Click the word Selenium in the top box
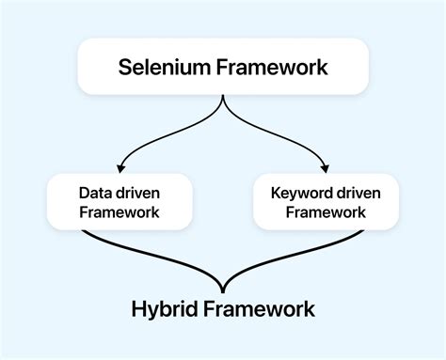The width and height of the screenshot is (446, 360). click(x=164, y=67)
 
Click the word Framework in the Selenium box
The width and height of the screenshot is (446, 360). click(x=272, y=67)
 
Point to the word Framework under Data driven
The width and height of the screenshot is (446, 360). click(x=119, y=212)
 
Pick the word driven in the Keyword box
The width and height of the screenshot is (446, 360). click(x=354, y=193)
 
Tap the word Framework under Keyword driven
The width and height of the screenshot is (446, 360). click(x=326, y=212)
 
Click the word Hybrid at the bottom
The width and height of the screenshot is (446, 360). click(x=165, y=309)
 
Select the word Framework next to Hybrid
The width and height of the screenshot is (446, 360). click(x=259, y=309)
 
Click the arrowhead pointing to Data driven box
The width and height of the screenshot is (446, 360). click(x=120, y=168)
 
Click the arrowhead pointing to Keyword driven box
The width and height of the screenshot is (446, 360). click(x=326, y=168)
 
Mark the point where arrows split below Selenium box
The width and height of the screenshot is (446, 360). click(x=223, y=96)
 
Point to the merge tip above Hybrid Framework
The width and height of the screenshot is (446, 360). click(x=223, y=292)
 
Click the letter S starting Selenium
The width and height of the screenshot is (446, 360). click(x=124, y=67)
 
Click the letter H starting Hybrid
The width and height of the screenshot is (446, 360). click(x=138, y=309)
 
